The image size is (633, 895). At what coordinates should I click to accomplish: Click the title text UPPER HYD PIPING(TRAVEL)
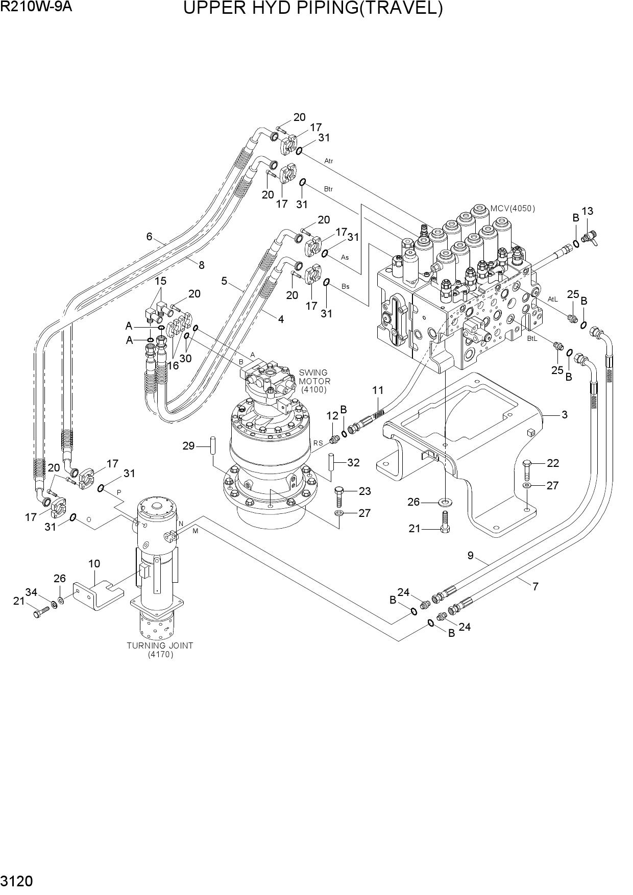click(x=313, y=9)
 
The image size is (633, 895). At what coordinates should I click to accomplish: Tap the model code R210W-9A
click(x=36, y=8)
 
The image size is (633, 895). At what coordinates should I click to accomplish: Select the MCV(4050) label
click(x=513, y=208)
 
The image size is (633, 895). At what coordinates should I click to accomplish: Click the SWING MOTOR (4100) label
click(x=314, y=381)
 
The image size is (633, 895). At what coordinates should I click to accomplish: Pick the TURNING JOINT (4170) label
click(x=160, y=650)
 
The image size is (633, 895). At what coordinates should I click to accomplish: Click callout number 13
click(x=587, y=211)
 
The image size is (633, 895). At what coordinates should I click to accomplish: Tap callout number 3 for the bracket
click(x=565, y=415)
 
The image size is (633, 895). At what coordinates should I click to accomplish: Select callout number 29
click(x=189, y=446)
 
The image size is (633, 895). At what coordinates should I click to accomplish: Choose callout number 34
click(x=32, y=592)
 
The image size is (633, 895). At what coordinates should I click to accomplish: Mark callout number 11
click(x=378, y=390)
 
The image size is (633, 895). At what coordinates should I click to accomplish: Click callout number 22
click(x=553, y=463)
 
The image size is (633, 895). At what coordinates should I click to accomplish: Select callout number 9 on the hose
click(x=471, y=556)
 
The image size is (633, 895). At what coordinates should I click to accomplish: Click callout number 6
click(x=150, y=236)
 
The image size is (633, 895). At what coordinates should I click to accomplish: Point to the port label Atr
click(x=329, y=161)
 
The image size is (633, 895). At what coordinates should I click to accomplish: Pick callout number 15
click(x=161, y=281)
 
